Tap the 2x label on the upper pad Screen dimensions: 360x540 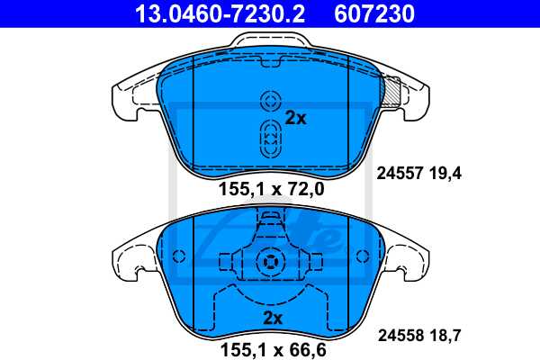click(295, 118)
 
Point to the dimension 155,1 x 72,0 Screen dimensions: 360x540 click(271, 190)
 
